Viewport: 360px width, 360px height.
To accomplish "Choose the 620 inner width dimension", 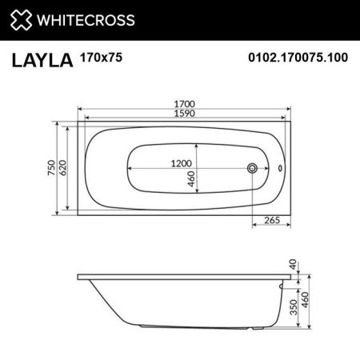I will point(62,168).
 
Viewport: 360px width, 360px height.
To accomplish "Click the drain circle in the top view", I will point(253,169).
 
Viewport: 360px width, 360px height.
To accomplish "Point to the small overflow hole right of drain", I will point(278,169).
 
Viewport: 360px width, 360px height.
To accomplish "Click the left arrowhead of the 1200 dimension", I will point(127,169).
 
